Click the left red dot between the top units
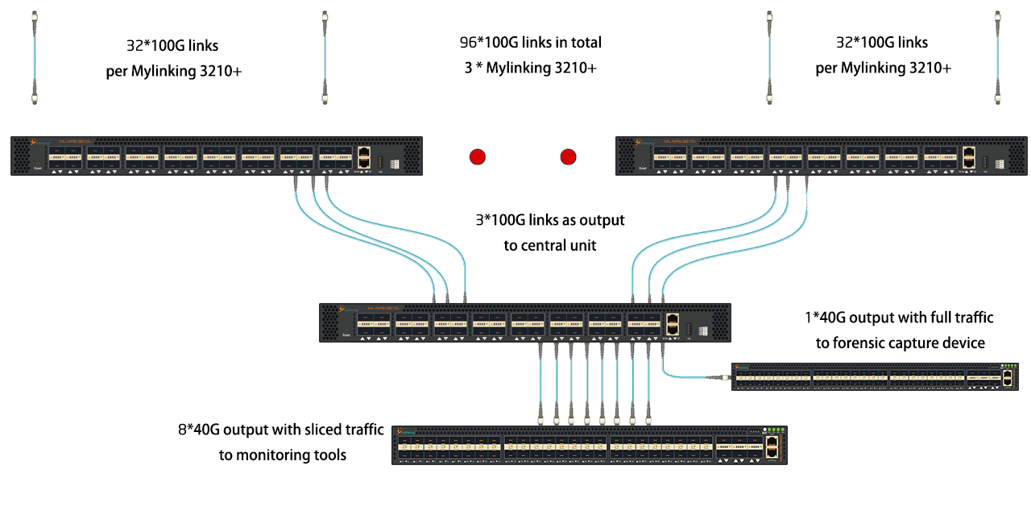[x=478, y=156]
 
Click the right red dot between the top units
[x=569, y=156]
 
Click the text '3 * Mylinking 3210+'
[x=530, y=68]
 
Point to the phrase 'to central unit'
[x=550, y=245]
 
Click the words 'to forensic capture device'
[x=900, y=343]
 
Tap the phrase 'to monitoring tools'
[x=283, y=455]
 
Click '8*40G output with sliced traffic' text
[x=281, y=430]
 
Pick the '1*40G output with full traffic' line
[x=899, y=318]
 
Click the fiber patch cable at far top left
[x=35, y=56]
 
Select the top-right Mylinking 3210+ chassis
[x=822, y=156]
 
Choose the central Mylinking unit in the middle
[x=524, y=322]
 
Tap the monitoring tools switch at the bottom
[x=589, y=445]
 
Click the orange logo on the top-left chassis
[x=35, y=142]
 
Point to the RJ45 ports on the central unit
[x=673, y=322]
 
